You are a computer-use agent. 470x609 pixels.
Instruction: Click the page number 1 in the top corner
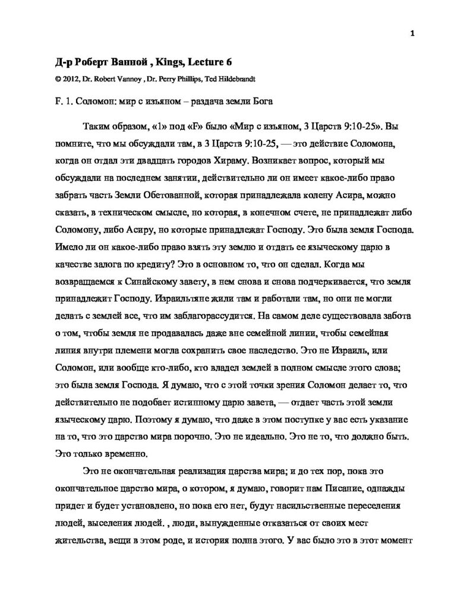point(412,34)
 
